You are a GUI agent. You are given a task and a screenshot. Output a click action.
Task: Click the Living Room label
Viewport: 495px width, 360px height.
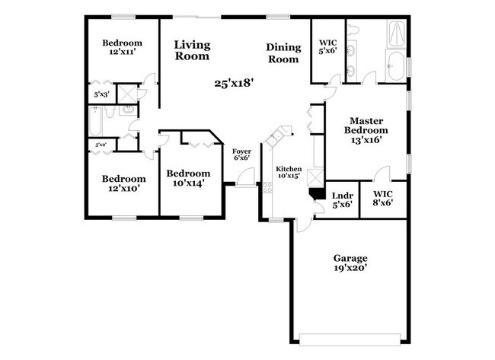[192, 50]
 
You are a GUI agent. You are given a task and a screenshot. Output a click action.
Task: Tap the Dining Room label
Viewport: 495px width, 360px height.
[283, 53]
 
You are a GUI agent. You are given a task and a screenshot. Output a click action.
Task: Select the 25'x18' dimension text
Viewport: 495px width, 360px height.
[233, 83]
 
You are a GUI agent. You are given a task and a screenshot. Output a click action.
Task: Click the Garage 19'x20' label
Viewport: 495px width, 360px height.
[350, 263]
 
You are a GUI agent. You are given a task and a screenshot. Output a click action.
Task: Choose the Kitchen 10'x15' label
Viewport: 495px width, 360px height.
[289, 171]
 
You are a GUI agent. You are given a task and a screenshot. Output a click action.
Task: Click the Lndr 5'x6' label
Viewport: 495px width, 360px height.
[342, 199]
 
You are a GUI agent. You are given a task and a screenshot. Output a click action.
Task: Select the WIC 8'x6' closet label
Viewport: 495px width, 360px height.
[382, 199]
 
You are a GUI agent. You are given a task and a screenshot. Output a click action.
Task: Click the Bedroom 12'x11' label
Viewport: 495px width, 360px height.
[122, 47]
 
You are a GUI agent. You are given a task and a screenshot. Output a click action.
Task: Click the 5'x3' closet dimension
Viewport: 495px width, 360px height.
[101, 94]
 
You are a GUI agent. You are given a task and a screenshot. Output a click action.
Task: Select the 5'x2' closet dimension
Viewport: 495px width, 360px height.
[101, 144]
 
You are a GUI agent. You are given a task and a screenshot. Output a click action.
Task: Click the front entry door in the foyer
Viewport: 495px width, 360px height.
[246, 180]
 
